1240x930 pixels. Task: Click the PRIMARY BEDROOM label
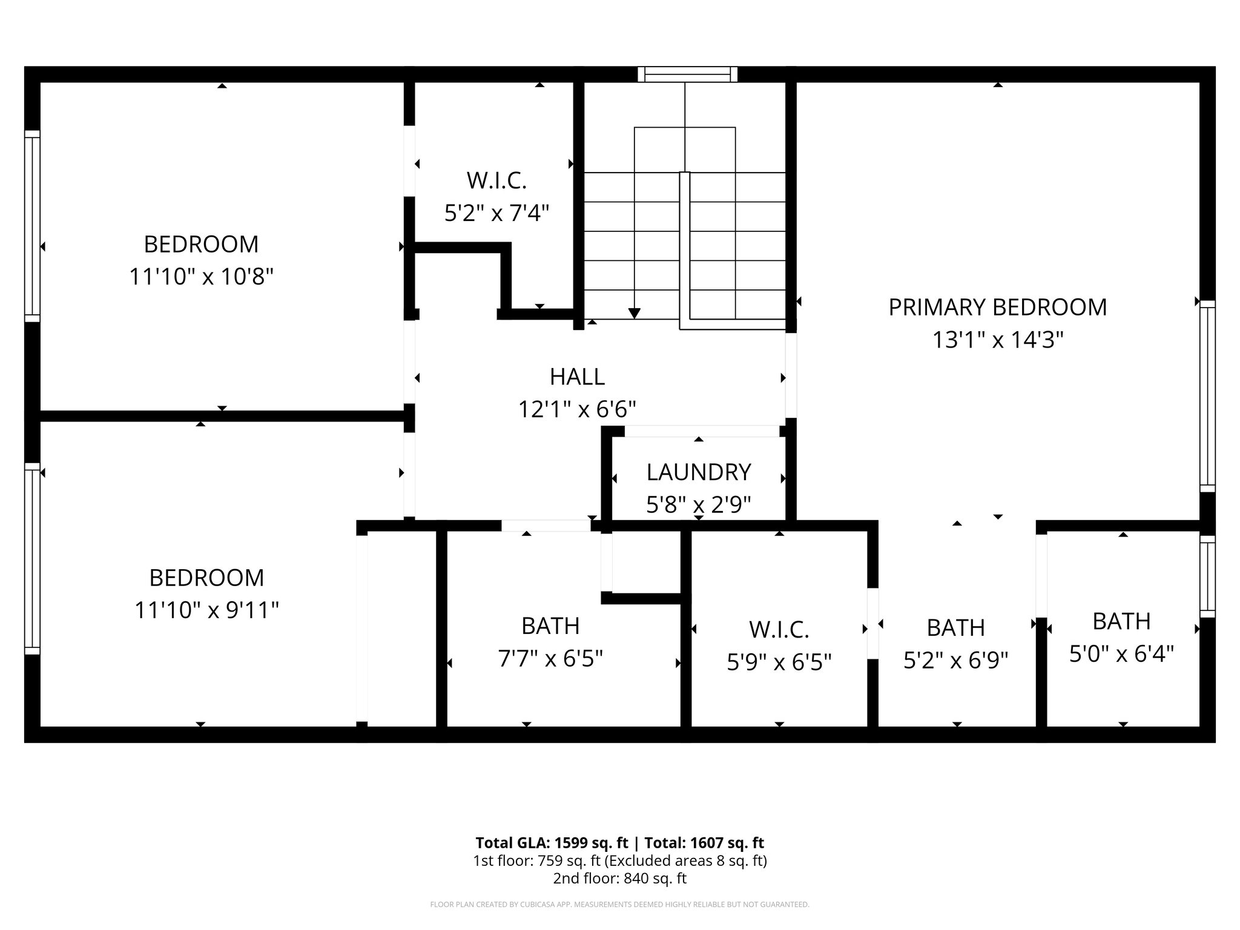tap(997, 308)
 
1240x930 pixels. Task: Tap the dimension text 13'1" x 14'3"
tap(997, 340)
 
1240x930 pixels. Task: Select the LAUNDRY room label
tap(699, 472)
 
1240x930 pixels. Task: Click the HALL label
tap(577, 377)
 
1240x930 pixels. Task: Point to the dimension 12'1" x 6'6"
tap(577, 410)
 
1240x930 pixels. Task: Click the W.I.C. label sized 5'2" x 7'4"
tap(496, 180)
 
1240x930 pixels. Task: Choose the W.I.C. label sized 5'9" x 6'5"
tap(779, 630)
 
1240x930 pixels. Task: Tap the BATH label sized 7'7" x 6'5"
tap(550, 626)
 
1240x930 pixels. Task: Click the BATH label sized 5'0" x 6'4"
tap(1121, 621)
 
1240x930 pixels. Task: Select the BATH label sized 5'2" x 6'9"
tap(955, 628)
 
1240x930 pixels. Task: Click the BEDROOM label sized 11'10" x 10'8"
tap(201, 245)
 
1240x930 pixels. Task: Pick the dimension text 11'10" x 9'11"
tap(206, 610)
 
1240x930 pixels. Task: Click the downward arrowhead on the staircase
tap(634, 313)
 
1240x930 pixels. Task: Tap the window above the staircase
tap(687, 74)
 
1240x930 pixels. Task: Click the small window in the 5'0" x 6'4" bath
tap(1207, 576)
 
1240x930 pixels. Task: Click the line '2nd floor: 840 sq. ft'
tap(619, 878)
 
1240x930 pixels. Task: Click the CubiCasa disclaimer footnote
tap(619, 905)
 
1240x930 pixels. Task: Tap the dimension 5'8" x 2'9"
tap(699, 504)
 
